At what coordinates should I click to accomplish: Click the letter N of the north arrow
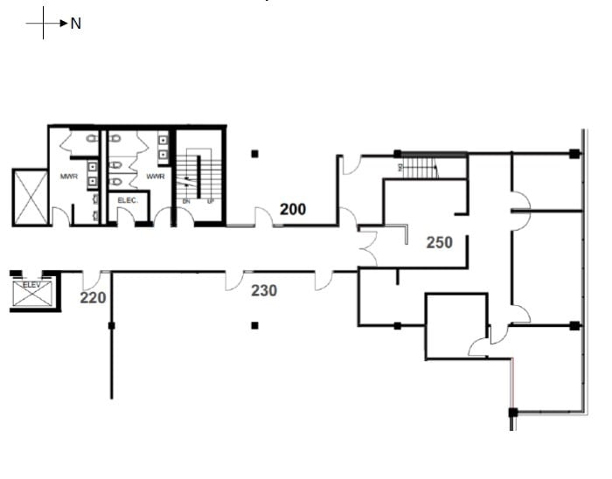(x=76, y=24)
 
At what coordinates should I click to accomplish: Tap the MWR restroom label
(x=69, y=177)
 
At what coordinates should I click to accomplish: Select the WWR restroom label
(x=156, y=177)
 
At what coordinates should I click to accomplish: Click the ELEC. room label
(x=128, y=200)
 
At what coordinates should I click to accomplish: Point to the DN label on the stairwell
(x=186, y=201)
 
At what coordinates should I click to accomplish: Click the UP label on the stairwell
(x=210, y=201)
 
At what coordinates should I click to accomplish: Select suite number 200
(x=293, y=209)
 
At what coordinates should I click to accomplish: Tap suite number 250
(x=439, y=242)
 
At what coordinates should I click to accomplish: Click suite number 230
(x=264, y=290)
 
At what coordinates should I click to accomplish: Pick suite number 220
(x=93, y=298)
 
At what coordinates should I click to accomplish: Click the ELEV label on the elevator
(x=31, y=285)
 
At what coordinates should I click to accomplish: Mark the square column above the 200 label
(x=254, y=154)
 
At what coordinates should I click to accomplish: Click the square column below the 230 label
(x=254, y=325)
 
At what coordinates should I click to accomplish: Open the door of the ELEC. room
(x=126, y=216)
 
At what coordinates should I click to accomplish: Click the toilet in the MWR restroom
(x=92, y=139)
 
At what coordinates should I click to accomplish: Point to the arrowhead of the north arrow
(x=64, y=24)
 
